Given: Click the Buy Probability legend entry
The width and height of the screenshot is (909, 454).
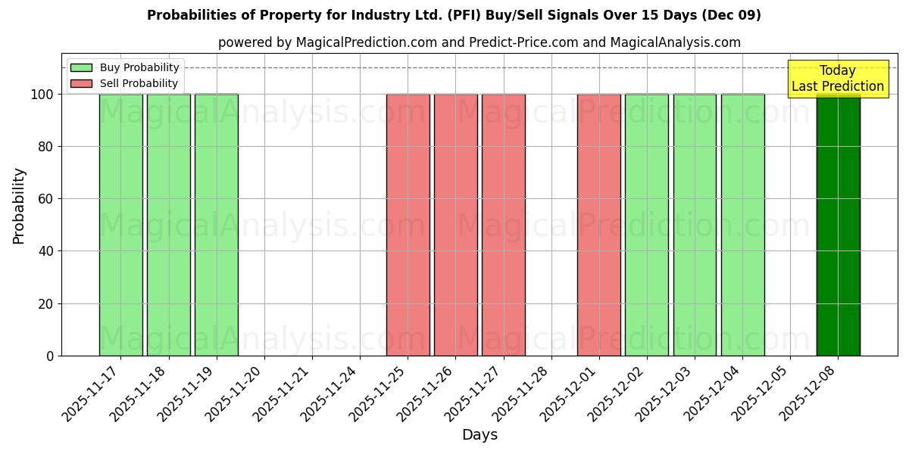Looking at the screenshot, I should (x=125, y=67).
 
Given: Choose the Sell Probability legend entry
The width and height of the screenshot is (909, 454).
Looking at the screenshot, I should (x=125, y=83).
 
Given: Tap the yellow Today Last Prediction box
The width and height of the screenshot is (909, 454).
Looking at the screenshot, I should (x=838, y=79).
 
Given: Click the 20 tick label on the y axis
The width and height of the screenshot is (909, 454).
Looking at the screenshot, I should (x=46, y=304).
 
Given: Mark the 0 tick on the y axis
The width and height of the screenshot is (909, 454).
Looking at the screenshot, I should (x=50, y=356).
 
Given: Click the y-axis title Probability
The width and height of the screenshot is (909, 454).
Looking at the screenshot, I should (x=19, y=206).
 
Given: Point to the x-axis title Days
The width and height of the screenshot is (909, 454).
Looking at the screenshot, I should (x=479, y=435).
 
